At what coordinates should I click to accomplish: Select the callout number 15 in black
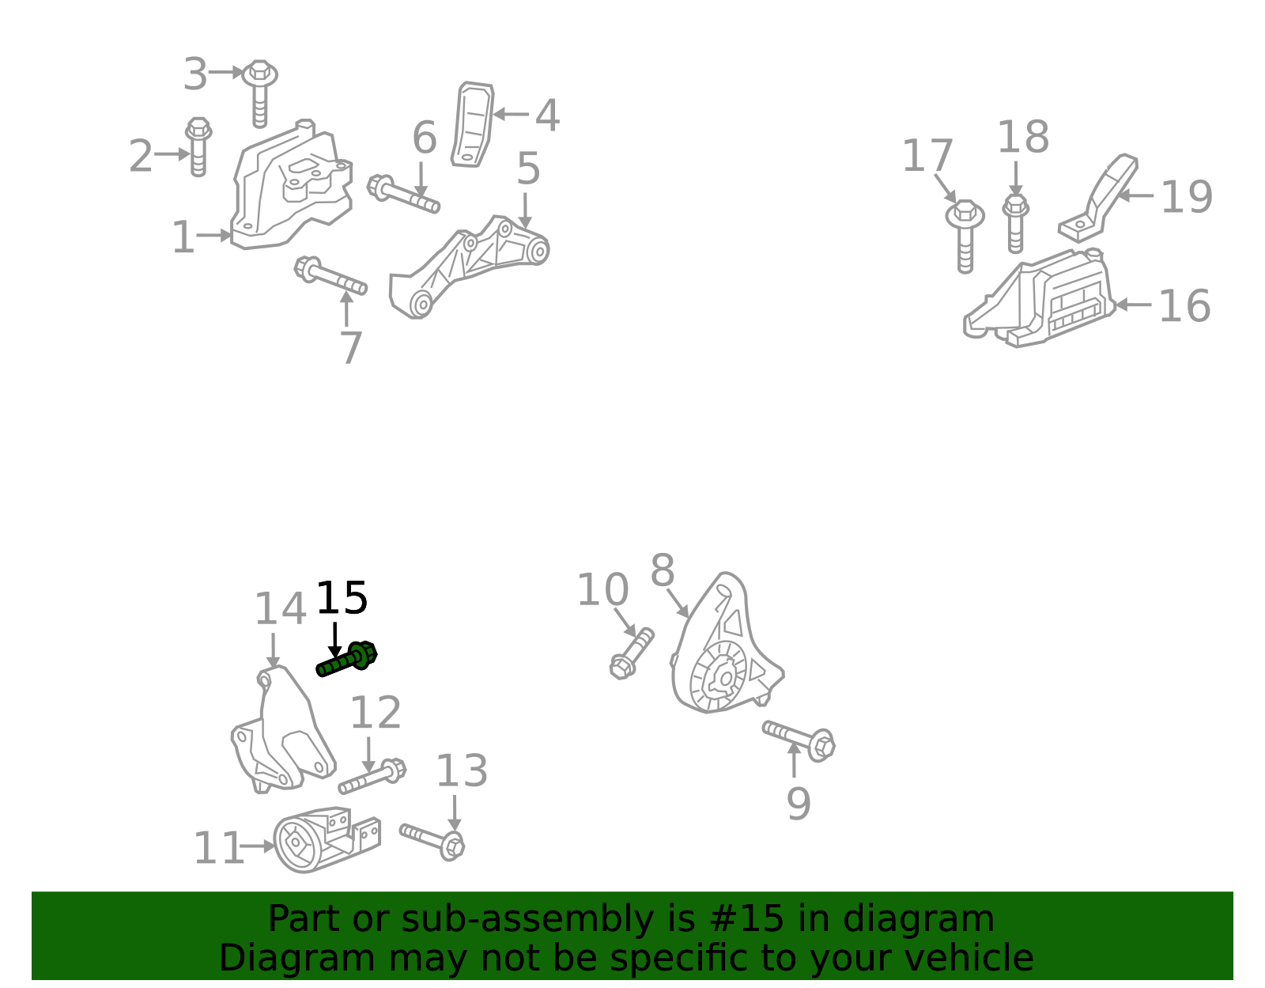341,598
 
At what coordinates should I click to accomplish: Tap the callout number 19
1187,197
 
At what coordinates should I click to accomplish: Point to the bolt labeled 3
259,92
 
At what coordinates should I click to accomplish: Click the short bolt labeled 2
198,146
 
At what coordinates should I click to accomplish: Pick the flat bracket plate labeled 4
472,124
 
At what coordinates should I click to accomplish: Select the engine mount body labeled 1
291,184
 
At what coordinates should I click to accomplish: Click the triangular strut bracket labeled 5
469,266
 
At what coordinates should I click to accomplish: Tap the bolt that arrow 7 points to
330,275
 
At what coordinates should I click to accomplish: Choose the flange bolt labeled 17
965,235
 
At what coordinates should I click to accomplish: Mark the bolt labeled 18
1015,223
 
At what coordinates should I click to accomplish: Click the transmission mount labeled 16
1040,298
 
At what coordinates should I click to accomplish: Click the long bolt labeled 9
799,741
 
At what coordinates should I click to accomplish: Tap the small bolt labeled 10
632,653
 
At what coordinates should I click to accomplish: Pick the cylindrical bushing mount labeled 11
326,839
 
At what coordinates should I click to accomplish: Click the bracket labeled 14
283,729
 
